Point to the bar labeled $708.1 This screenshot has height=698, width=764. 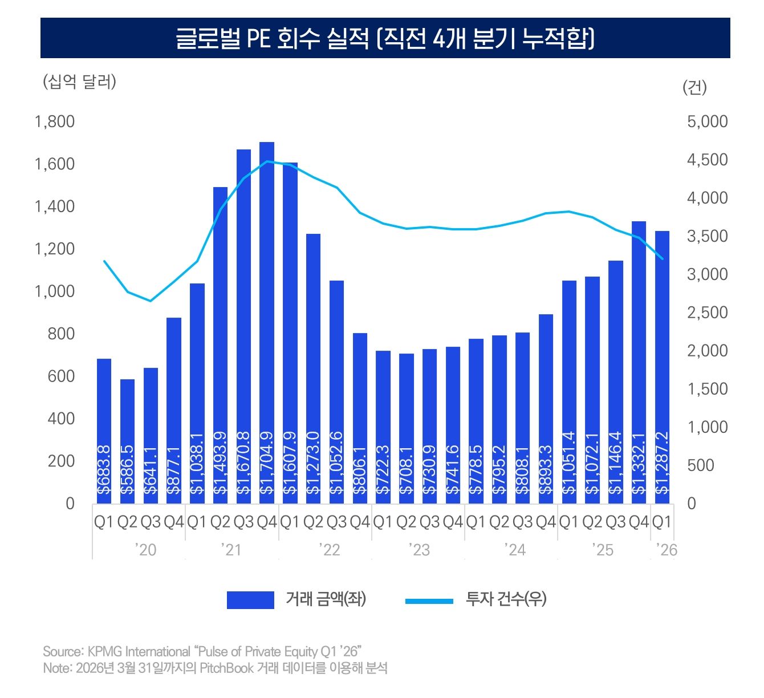pyautogui.click(x=407, y=428)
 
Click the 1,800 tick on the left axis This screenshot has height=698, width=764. pyautogui.click(x=55, y=121)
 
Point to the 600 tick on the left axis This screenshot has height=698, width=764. pyautogui.click(x=61, y=376)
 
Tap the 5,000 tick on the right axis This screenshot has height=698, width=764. pyautogui.click(x=707, y=121)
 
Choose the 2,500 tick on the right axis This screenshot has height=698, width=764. pyautogui.click(x=707, y=313)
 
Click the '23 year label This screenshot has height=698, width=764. pyautogui.click(x=418, y=550)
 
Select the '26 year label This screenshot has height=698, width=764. pyautogui.click(x=666, y=550)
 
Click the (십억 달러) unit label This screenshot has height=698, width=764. pyautogui.click(x=79, y=82)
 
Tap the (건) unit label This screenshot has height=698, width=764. pyautogui.click(x=694, y=87)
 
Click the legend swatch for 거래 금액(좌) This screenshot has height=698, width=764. pyautogui.click(x=250, y=600)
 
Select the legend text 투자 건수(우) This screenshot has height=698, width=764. pyautogui.click(x=506, y=599)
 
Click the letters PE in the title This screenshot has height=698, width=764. pyautogui.click(x=258, y=39)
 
